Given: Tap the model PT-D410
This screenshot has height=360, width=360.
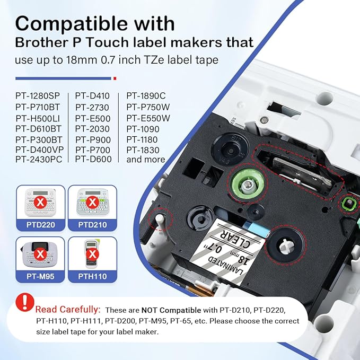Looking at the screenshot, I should [x=92, y=96].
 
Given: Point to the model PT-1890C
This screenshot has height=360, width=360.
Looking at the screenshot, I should [x=146, y=96].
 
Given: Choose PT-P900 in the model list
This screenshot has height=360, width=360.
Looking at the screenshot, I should [x=93, y=139].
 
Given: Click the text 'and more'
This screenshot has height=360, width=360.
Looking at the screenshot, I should [x=146, y=159].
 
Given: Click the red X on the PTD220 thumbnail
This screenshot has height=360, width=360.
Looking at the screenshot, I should [x=39, y=202].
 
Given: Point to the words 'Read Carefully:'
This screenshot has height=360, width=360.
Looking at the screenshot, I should [x=68, y=309].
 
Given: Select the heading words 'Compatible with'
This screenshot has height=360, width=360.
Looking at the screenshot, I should [x=95, y=24].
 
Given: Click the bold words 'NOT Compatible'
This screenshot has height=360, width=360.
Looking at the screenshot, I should [x=171, y=310].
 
